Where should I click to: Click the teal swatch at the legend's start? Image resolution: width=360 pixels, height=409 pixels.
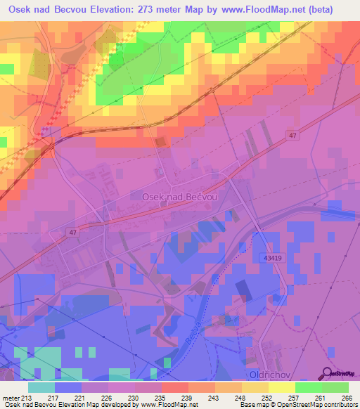[x=41, y=387]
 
